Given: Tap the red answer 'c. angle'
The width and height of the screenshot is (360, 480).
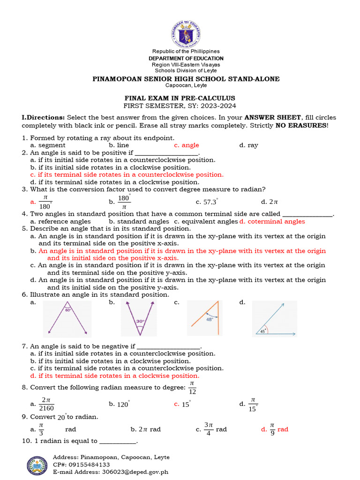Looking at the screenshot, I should [x=186, y=145].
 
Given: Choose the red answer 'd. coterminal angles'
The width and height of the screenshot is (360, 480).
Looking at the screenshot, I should [x=272, y=221].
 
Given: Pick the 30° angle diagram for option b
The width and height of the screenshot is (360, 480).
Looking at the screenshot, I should [x=139, y=319].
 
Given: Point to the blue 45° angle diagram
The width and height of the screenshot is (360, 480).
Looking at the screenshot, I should [x=274, y=320].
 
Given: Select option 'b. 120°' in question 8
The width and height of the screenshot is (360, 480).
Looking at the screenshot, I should [x=120, y=404].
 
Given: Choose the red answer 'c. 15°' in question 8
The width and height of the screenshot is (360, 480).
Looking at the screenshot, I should [x=182, y=404].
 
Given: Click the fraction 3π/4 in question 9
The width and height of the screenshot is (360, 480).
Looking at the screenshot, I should [x=209, y=429].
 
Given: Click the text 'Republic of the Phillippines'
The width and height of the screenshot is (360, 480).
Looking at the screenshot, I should [x=186, y=51].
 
